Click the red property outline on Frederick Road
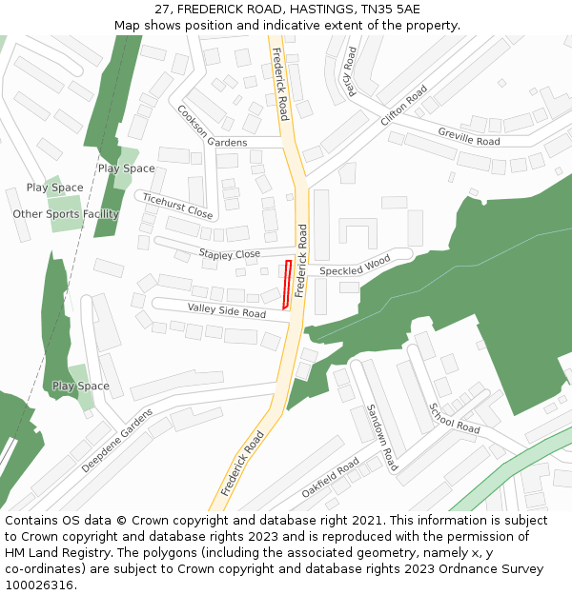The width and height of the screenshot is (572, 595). (x=286, y=285)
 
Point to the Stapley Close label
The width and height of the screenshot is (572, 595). (x=229, y=254)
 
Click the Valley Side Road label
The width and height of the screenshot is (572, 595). (x=227, y=311)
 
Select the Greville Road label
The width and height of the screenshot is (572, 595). (x=469, y=136)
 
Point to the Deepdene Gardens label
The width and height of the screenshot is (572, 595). (x=117, y=441)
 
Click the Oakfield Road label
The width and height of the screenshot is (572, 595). (x=331, y=478)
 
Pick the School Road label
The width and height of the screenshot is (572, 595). (x=455, y=418)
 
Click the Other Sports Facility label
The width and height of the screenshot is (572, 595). (x=66, y=214)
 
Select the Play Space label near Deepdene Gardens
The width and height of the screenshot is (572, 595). (x=81, y=387)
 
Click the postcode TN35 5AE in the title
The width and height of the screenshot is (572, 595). (x=394, y=10)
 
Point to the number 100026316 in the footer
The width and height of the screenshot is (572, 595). (x=40, y=585)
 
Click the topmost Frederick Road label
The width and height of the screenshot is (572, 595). (x=279, y=84)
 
